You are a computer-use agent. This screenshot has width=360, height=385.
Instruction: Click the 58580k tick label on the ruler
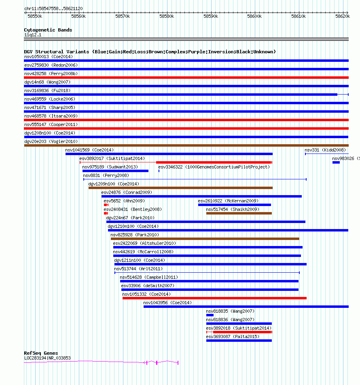(166, 16)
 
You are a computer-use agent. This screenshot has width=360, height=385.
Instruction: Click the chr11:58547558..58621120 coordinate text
(53, 8)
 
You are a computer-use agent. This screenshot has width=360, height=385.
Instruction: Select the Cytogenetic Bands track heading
(48, 30)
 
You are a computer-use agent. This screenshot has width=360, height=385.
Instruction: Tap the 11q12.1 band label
(32, 35)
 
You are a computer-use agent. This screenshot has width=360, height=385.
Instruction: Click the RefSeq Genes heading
(41, 353)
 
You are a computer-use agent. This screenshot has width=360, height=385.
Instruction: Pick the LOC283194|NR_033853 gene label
(47, 358)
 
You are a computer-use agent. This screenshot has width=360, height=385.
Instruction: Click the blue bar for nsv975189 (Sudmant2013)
(115, 171)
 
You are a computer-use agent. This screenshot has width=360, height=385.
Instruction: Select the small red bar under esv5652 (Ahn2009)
(106, 205)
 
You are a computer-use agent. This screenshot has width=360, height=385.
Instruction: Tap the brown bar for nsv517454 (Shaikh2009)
(239, 213)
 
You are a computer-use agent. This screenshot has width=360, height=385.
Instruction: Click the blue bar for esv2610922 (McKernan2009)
(234, 205)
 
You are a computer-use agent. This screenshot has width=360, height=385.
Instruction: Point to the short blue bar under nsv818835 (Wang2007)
(210, 315)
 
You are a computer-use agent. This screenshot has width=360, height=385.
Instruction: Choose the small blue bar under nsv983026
(336, 162)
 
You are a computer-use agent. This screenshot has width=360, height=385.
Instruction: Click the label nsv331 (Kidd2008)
(325, 150)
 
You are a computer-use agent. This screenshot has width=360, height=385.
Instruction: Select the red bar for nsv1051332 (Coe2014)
(214, 298)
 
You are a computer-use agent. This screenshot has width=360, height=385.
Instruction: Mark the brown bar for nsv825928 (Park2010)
(205, 239)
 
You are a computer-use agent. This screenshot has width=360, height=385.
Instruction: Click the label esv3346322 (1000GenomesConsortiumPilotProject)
(214, 167)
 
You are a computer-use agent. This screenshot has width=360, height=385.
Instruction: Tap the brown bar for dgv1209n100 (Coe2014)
(180, 188)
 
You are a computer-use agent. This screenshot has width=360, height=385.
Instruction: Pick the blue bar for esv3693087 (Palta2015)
(239, 341)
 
